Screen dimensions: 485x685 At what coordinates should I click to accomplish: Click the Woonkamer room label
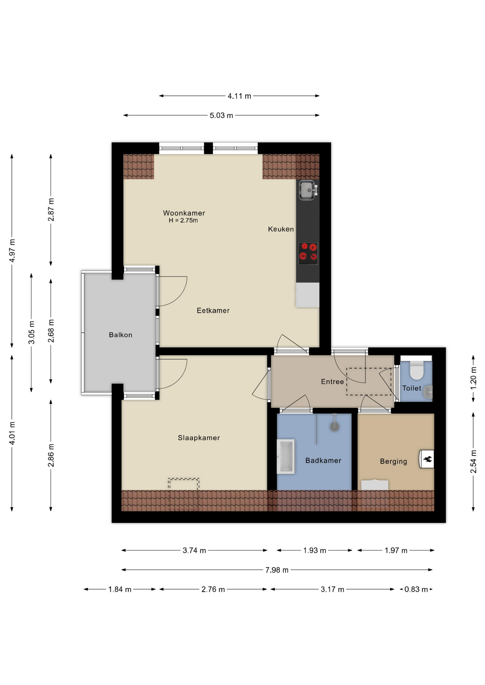pos(184,213)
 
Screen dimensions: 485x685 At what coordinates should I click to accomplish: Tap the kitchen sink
pos(307,190)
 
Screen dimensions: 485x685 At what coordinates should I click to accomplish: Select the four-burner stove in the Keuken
pos(308,253)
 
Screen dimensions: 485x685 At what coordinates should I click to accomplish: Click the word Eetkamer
pos(213,310)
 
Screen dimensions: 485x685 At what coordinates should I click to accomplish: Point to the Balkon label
pos(121,335)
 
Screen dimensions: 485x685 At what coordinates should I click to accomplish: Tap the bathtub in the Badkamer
pos(286,456)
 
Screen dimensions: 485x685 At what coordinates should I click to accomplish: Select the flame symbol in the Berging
pos(427,459)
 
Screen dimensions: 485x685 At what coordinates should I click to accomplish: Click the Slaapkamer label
pos(199,438)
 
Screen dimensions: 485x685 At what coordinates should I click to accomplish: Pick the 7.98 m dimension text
pos(277,570)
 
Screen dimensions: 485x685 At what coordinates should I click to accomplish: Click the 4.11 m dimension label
pos(239,96)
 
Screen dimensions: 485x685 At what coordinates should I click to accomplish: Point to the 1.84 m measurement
pos(120,589)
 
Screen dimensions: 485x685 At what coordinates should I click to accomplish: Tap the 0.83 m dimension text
pos(416,589)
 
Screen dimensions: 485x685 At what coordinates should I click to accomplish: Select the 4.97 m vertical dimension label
pos(12,251)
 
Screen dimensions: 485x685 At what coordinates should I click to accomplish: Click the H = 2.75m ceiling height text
pos(183,220)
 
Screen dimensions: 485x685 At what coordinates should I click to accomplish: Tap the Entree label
pos(332,382)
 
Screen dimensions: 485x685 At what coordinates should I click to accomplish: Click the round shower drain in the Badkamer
pos(334,426)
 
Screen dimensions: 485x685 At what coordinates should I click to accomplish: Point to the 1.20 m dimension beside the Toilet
pos(474,378)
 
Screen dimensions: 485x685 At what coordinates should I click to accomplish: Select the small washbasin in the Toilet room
pos(428,392)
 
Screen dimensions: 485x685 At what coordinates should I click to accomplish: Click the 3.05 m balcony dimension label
pos(32,333)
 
